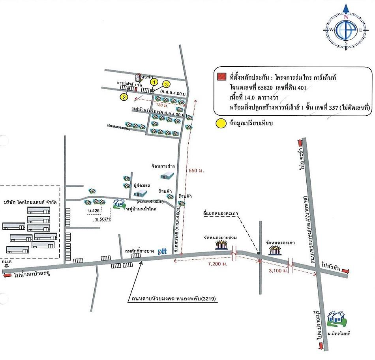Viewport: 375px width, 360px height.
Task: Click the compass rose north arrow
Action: [x=346, y=9]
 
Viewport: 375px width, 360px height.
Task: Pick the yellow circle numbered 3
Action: [x=167, y=84]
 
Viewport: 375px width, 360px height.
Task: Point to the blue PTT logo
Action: [x=163, y=250]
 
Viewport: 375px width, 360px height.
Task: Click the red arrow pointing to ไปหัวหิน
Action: [x=345, y=271]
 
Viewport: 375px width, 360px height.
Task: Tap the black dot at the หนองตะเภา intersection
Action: [x=258, y=253]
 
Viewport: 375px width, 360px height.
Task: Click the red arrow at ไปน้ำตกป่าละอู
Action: [x=7, y=276]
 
